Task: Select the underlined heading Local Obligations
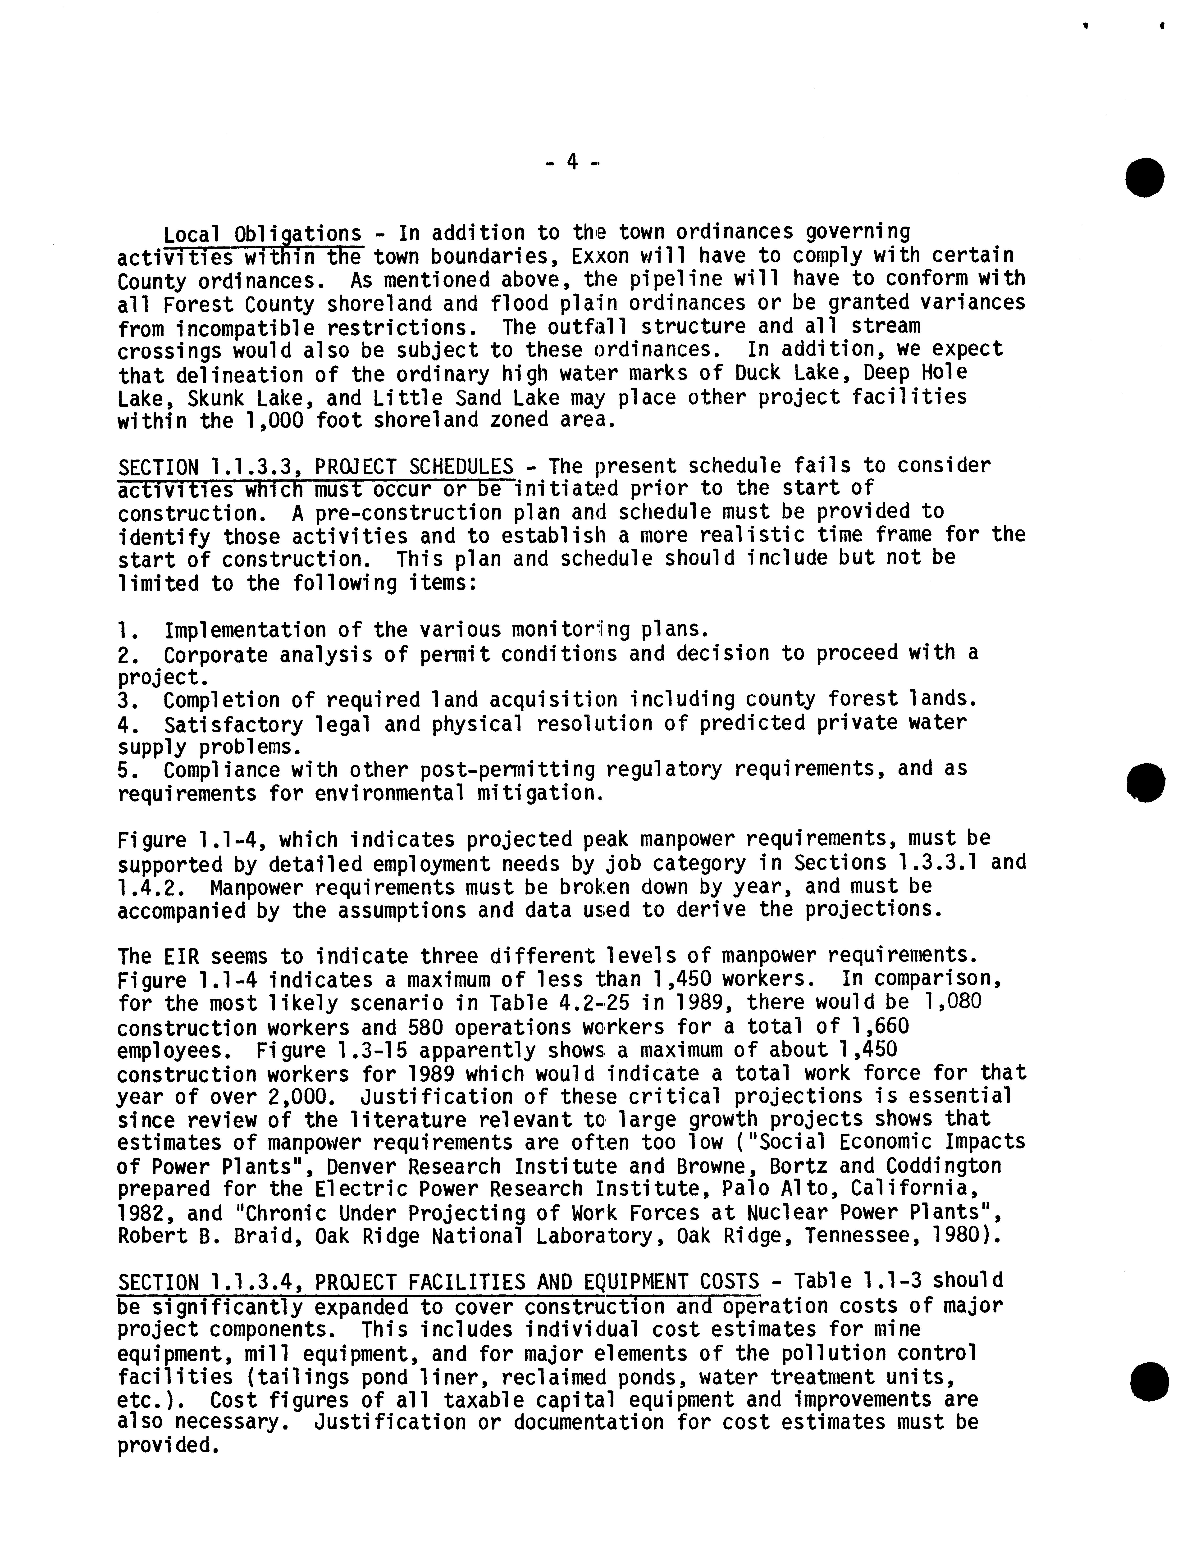point(263,233)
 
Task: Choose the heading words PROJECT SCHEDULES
point(414,467)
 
